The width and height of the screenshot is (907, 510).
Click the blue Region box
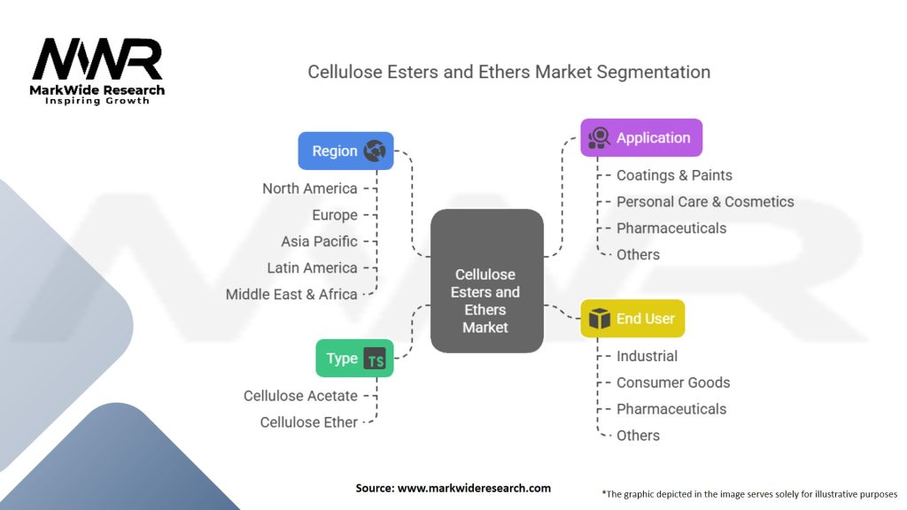(x=345, y=151)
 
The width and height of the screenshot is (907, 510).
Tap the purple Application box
(x=641, y=137)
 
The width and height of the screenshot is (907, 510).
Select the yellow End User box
(x=632, y=319)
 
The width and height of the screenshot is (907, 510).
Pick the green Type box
(x=354, y=359)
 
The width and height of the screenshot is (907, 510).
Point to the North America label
(x=310, y=189)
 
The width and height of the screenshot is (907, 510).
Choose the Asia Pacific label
(x=319, y=241)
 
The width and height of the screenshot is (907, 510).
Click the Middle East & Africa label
(x=291, y=294)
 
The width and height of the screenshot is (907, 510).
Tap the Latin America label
(x=312, y=267)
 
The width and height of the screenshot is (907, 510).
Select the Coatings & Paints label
(x=674, y=175)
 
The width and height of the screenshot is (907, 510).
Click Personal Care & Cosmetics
(x=705, y=202)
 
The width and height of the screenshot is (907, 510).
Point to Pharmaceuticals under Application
(x=671, y=228)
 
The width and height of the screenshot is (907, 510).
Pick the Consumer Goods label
(x=673, y=382)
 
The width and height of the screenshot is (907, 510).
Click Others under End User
(x=638, y=436)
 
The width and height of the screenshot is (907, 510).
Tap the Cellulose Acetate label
(x=300, y=396)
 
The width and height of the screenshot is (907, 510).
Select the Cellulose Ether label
(x=308, y=422)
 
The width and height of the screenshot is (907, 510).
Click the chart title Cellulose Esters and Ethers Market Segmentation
(x=508, y=72)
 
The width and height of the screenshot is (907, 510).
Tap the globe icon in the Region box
(x=375, y=151)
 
